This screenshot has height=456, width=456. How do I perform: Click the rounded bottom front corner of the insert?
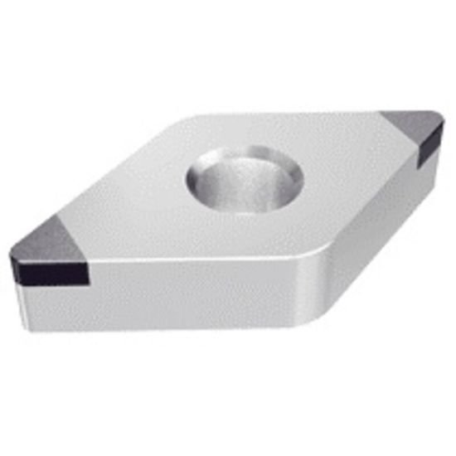tap(310, 319)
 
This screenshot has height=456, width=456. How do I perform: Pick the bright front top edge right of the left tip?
tap(191, 264)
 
